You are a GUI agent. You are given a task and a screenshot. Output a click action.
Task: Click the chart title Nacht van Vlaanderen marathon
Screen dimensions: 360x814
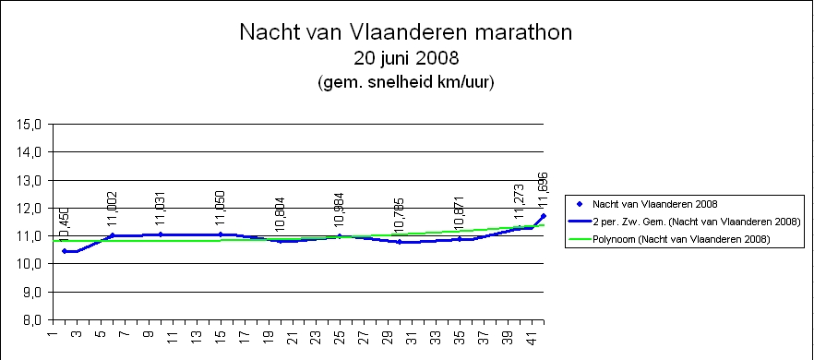pos(406,32)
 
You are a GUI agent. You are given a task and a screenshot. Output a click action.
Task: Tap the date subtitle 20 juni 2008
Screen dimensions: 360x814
pos(407,59)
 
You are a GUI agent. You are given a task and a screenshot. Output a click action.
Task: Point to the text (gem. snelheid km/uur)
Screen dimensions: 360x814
pos(407,82)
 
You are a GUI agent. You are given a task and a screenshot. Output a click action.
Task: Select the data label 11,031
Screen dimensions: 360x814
pos(161,209)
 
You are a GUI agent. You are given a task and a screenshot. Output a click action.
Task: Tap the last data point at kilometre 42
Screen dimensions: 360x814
pos(543,216)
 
